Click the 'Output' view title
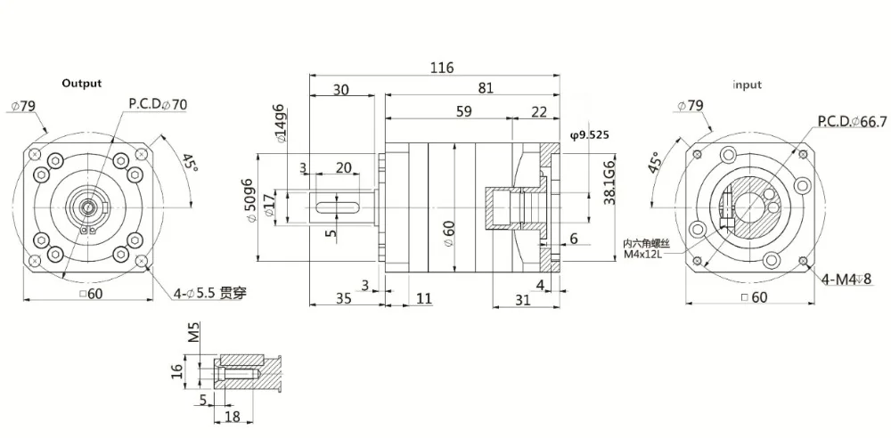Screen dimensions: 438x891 point(81,84)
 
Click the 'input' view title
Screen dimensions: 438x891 point(747,85)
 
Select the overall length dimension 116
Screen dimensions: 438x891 point(441,68)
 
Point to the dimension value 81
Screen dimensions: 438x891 point(486,88)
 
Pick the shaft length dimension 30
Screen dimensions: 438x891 point(340,88)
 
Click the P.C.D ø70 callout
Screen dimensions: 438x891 point(158,104)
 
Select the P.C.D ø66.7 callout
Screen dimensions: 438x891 point(851,120)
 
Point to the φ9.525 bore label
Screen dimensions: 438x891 point(587,135)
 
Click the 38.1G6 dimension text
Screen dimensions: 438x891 point(609,182)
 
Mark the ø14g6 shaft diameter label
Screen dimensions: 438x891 point(280,125)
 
